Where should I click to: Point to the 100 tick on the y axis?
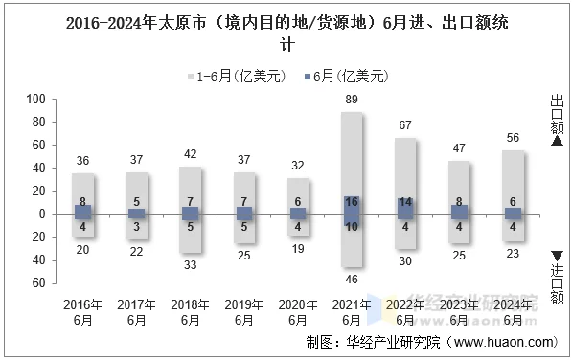pyautogui.click(x=35, y=100)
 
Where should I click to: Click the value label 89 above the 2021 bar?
pyautogui.click(x=352, y=100)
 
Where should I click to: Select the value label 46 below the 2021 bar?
pyautogui.click(x=352, y=279)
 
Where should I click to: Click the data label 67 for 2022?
pyautogui.click(x=405, y=125)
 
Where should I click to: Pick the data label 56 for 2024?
pyautogui.click(x=513, y=138)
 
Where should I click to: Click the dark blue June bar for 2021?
pyautogui.click(x=352, y=212)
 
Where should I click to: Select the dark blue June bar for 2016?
pyautogui.click(x=82, y=213)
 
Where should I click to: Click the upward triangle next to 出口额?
pyautogui.click(x=557, y=141)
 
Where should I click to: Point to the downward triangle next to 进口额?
pyautogui.click(x=557, y=253)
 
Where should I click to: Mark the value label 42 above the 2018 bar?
pyautogui.click(x=191, y=154)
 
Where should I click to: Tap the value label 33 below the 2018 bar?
pyautogui.click(x=191, y=264)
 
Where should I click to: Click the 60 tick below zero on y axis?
pyautogui.click(x=38, y=283)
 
